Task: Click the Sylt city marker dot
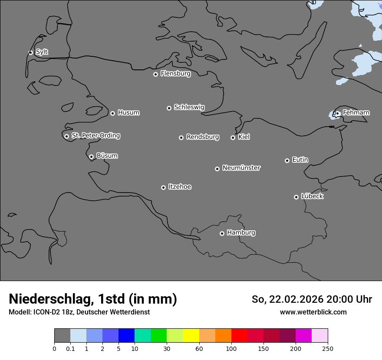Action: click(x=30, y=52)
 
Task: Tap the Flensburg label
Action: click(x=175, y=74)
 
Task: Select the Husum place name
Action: click(x=128, y=113)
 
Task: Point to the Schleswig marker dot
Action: click(x=169, y=108)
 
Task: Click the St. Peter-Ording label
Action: click(x=95, y=136)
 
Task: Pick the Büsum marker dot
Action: click(x=91, y=157)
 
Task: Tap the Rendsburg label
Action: click(x=203, y=137)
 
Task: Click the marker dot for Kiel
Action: click(x=233, y=137)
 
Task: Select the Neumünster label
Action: click(x=241, y=168)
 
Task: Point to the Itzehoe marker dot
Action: click(x=163, y=187)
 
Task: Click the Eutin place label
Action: click(x=300, y=160)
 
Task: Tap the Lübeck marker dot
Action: click(x=296, y=197)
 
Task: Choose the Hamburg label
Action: click(x=241, y=233)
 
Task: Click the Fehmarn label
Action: click(x=356, y=113)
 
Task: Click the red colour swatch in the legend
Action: click(x=239, y=336)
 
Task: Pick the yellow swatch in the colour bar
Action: click(x=191, y=336)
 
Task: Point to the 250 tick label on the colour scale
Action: click(x=327, y=348)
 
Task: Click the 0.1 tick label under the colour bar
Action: click(x=70, y=348)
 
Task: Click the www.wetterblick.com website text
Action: click(x=313, y=312)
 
